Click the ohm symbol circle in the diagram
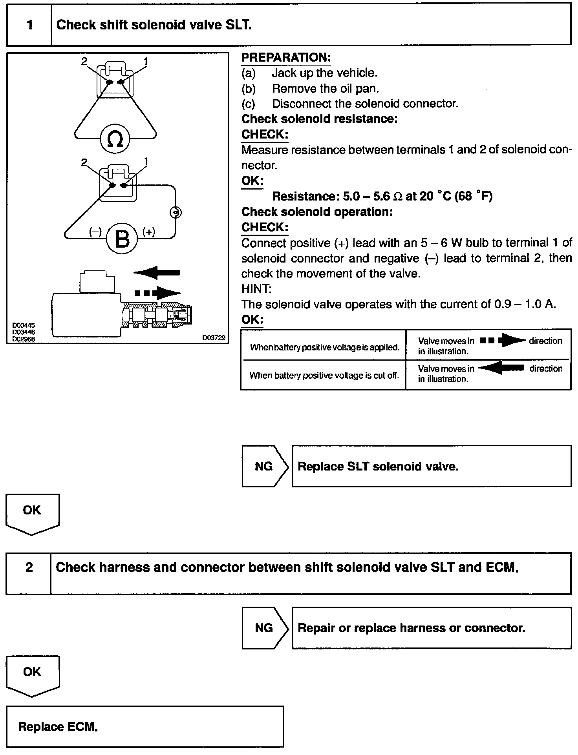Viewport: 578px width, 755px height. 115,139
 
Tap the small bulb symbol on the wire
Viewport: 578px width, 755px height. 176,212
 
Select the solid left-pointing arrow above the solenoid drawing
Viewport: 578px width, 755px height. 157,272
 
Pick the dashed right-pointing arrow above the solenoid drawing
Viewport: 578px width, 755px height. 157,293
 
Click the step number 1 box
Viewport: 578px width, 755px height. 29,26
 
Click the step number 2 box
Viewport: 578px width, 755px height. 29,567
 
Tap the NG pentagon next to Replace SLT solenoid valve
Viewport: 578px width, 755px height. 264,466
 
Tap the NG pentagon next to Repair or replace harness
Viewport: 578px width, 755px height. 264,628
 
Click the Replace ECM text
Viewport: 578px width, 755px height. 58,727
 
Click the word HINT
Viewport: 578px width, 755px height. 256,289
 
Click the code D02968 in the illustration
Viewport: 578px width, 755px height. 24,339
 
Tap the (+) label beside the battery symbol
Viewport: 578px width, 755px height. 149,232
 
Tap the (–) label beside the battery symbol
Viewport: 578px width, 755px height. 95,232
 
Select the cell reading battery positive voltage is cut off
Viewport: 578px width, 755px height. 324,376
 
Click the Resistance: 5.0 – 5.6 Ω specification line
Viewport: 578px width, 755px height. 382,196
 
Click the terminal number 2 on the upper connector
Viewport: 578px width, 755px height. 84,61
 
